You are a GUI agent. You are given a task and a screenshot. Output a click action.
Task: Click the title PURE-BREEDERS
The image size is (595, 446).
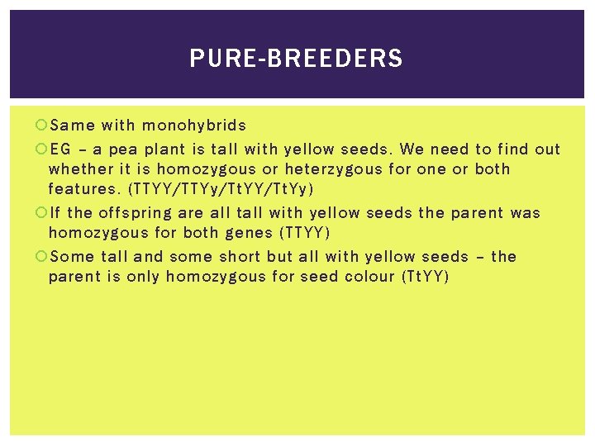[x=296, y=59]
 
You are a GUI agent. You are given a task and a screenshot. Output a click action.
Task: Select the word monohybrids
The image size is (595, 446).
[x=194, y=126]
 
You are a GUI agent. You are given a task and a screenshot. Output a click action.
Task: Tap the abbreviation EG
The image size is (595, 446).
[x=60, y=149]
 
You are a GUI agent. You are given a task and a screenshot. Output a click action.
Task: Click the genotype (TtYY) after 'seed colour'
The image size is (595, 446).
[x=425, y=277]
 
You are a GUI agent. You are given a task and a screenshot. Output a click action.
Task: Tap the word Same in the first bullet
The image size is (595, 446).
[x=73, y=126]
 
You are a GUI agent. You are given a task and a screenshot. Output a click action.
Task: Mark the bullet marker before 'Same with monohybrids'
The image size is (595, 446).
[x=41, y=126]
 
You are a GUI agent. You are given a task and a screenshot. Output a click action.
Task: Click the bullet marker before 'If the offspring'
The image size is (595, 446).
[x=41, y=213]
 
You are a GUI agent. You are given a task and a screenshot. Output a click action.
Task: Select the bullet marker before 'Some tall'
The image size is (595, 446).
[x=41, y=257]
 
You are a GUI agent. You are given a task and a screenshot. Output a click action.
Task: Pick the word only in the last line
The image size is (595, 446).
[x=143, y=277]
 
